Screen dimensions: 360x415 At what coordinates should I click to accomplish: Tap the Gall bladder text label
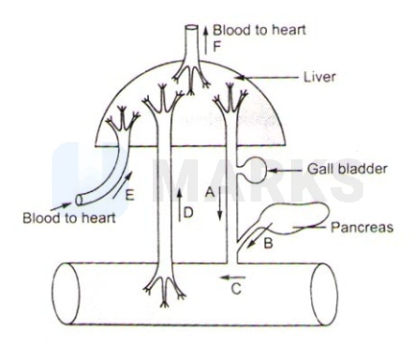pos(333,168)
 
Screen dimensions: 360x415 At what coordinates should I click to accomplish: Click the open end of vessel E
pos(80,202)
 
